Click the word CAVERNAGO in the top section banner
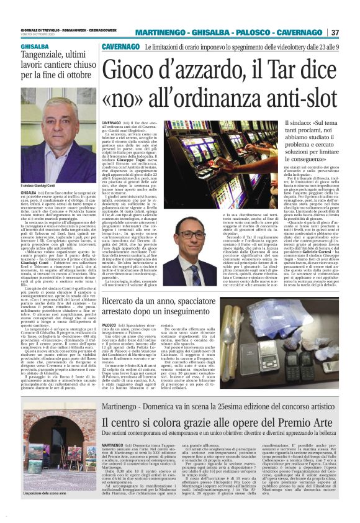pos(121,47)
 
